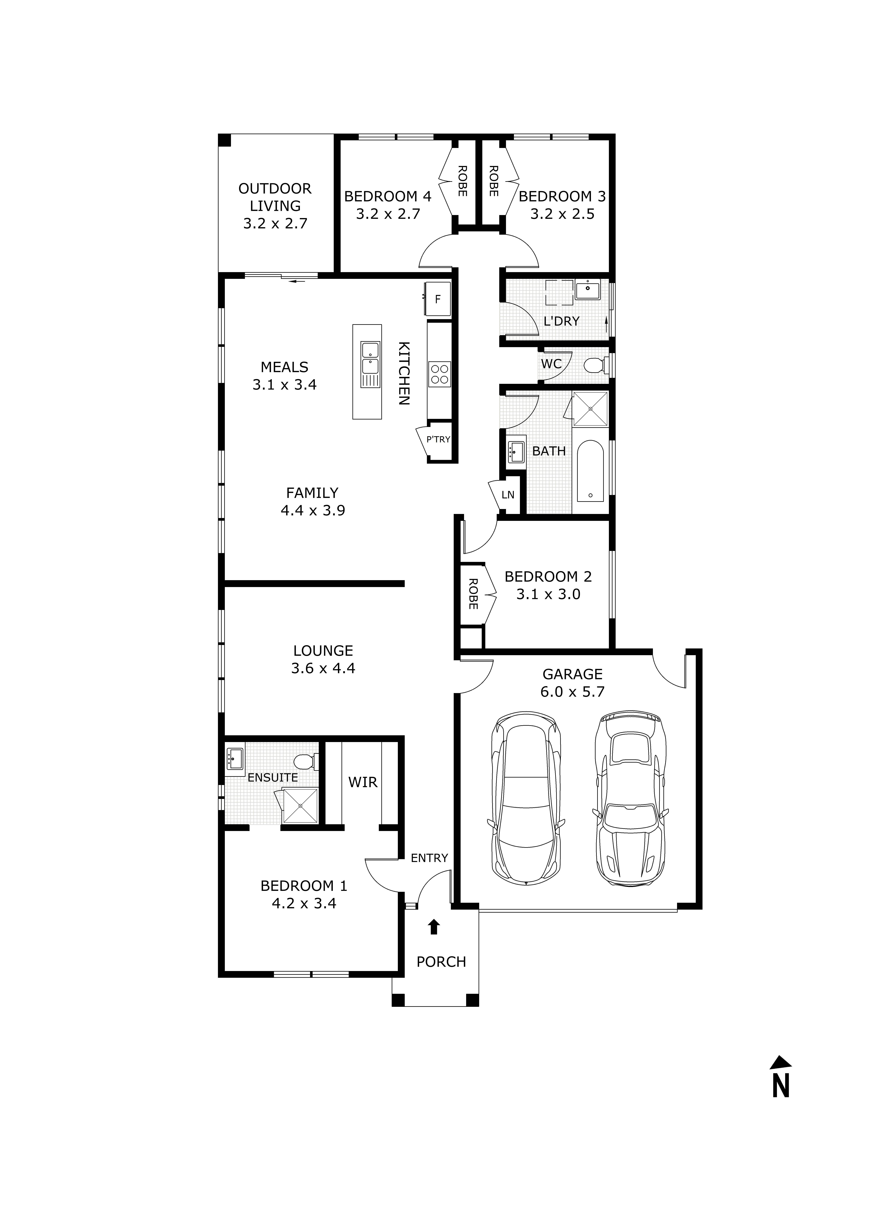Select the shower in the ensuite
tap(300, 806)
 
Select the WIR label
tap(362, 782)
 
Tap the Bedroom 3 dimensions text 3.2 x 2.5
tap(562, 214)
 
